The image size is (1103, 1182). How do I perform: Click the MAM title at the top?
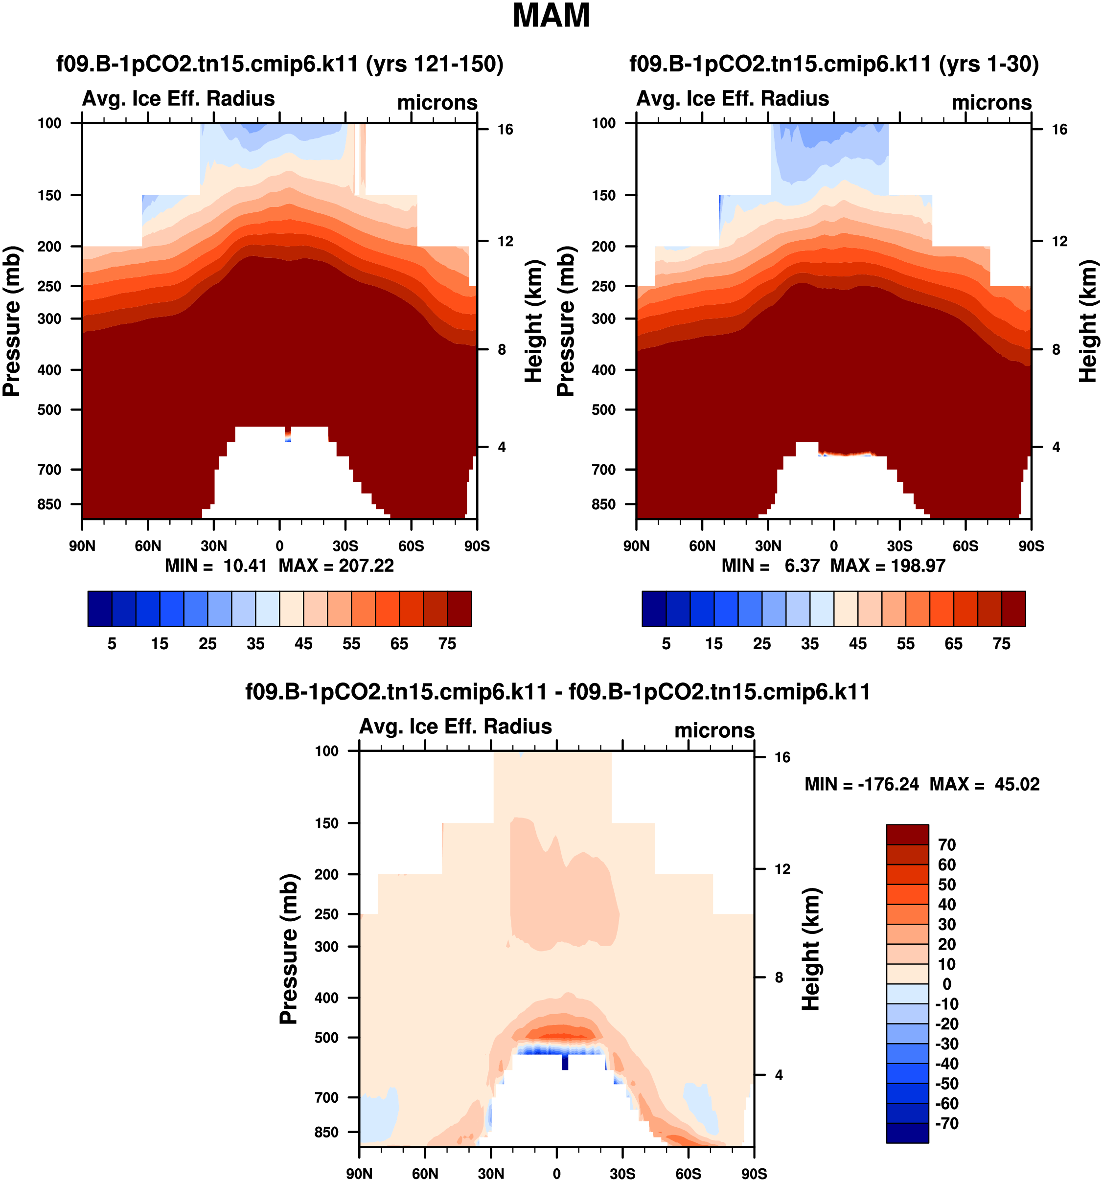551,16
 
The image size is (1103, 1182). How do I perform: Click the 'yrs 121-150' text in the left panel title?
435,64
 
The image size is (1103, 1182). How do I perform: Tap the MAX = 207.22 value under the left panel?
336,566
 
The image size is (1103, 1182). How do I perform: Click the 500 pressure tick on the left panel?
49,409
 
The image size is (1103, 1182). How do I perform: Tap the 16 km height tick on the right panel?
1059,130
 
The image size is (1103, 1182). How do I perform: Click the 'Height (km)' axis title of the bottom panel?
811,949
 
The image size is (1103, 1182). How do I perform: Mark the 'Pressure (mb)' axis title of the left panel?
12,321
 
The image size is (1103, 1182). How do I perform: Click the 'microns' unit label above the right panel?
991,102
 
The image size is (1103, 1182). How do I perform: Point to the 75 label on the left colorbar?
447,644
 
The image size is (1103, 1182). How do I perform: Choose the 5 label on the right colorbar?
666,644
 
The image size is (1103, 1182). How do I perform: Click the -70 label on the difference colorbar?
946,1124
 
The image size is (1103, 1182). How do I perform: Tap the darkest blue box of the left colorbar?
99,609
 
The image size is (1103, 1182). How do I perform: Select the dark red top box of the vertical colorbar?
907,835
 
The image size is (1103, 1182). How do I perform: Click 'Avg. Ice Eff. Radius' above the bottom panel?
456,727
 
